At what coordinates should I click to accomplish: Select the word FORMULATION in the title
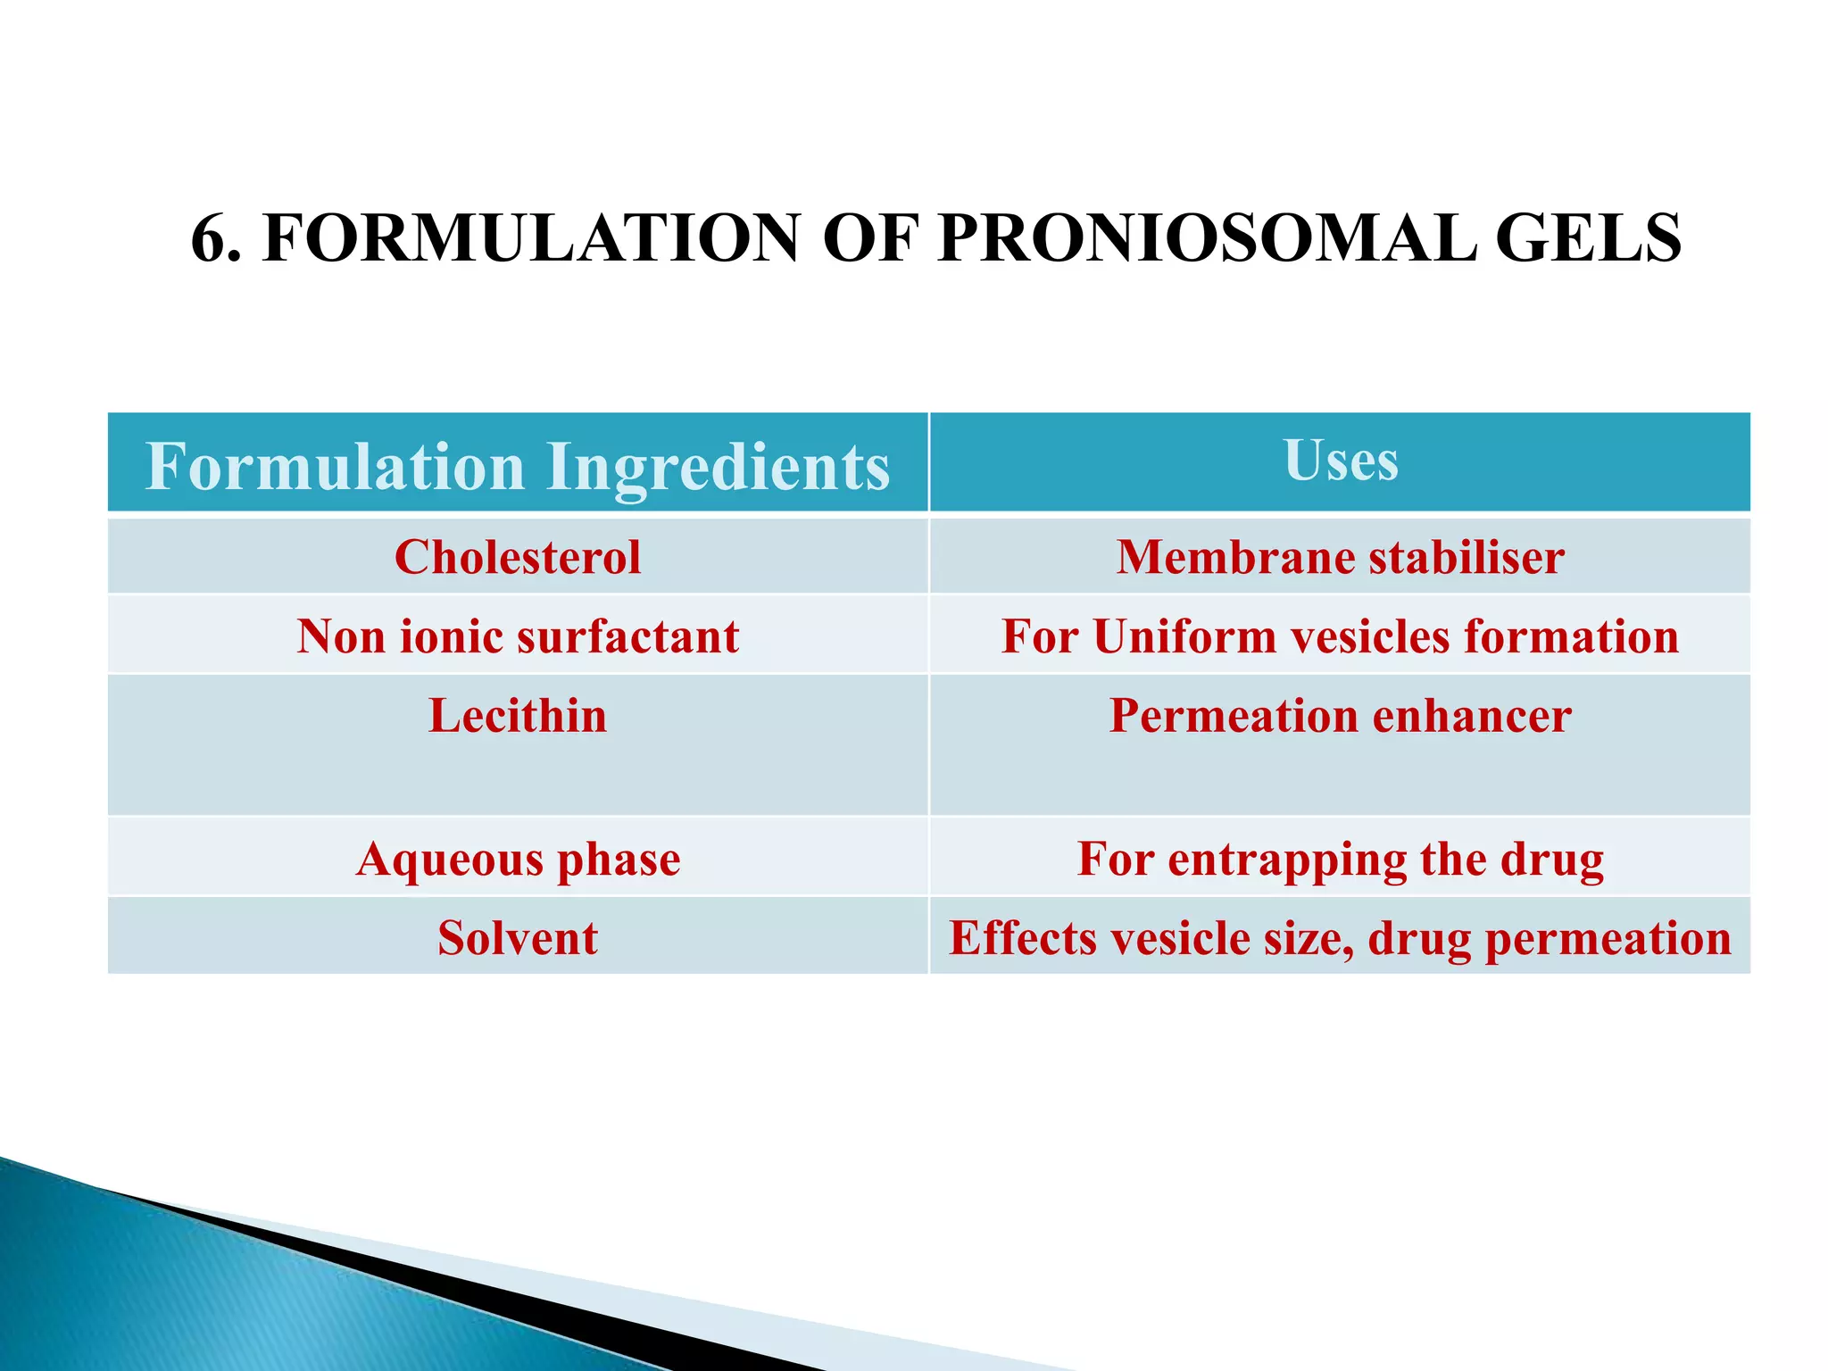[531, 239]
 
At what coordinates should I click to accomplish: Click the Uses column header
[1341, 461]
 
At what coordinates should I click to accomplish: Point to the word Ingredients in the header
[719, 468]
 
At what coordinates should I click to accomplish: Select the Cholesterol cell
[518, 558]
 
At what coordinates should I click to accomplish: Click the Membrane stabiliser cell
[1340, 558]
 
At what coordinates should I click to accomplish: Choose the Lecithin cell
[518, 717]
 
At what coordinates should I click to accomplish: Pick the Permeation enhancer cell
[1340, 717]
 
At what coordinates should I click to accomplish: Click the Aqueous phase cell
[518, 860]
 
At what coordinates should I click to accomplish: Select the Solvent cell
[518, 939]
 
